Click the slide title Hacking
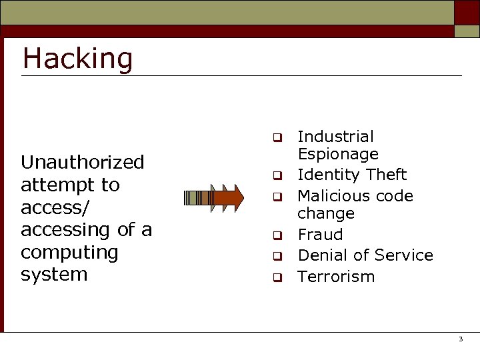[78, 59]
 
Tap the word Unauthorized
[83, 162]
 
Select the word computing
[69, 252]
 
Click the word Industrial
[335, 137]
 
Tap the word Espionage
[338, 154]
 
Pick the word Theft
[386, 175]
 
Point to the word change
[326, 213]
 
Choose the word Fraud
[320, 235]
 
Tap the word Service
[403, 255]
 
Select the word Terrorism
[336, 277]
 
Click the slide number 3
[460, 339]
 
